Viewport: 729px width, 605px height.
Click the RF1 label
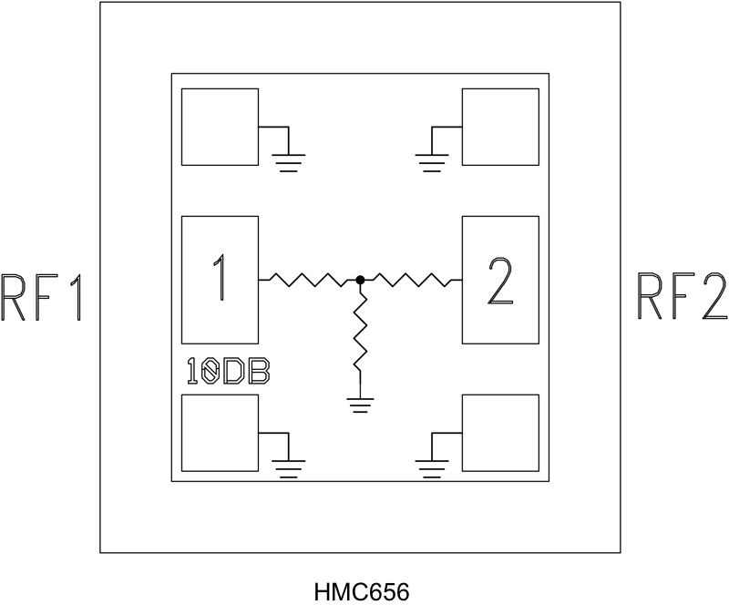tap(44, 297)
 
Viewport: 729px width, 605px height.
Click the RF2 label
tap(682, 297)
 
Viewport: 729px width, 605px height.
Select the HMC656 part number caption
tap(362, 591)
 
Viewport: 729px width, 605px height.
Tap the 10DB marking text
tap(227, 371)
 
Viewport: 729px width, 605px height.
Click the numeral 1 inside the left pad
tap(221, 279)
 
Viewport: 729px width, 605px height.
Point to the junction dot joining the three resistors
tap(361, 280)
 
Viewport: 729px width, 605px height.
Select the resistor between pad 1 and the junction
tap(310, 280)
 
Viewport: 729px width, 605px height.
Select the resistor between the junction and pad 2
tap(412, 280)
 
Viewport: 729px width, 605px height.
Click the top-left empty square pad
tap(220, 127)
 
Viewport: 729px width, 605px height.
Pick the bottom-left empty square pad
tap(220, 433)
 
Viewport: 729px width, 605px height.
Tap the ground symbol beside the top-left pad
tap(289, 162)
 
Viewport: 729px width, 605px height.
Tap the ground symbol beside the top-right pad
tap(431, 162)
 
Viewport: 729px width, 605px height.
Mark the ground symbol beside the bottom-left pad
tap(289, 468)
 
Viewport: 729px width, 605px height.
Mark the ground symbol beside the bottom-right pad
tap(431, 468)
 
